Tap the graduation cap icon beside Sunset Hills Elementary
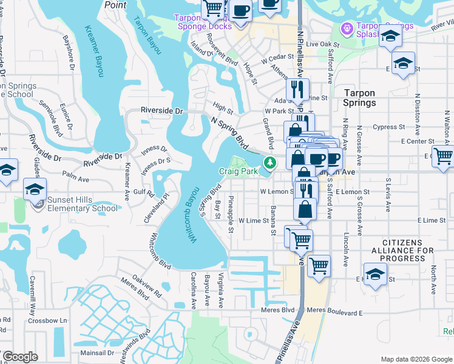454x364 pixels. pos(35,189)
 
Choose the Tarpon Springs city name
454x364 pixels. pos(359,98)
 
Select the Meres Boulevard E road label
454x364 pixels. pos(334,312)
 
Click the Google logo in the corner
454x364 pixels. pos(20,357)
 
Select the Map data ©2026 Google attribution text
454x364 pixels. pos(416,359)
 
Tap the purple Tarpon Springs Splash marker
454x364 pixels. pos(347,28)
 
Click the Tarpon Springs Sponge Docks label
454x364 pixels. pos(203,22)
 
